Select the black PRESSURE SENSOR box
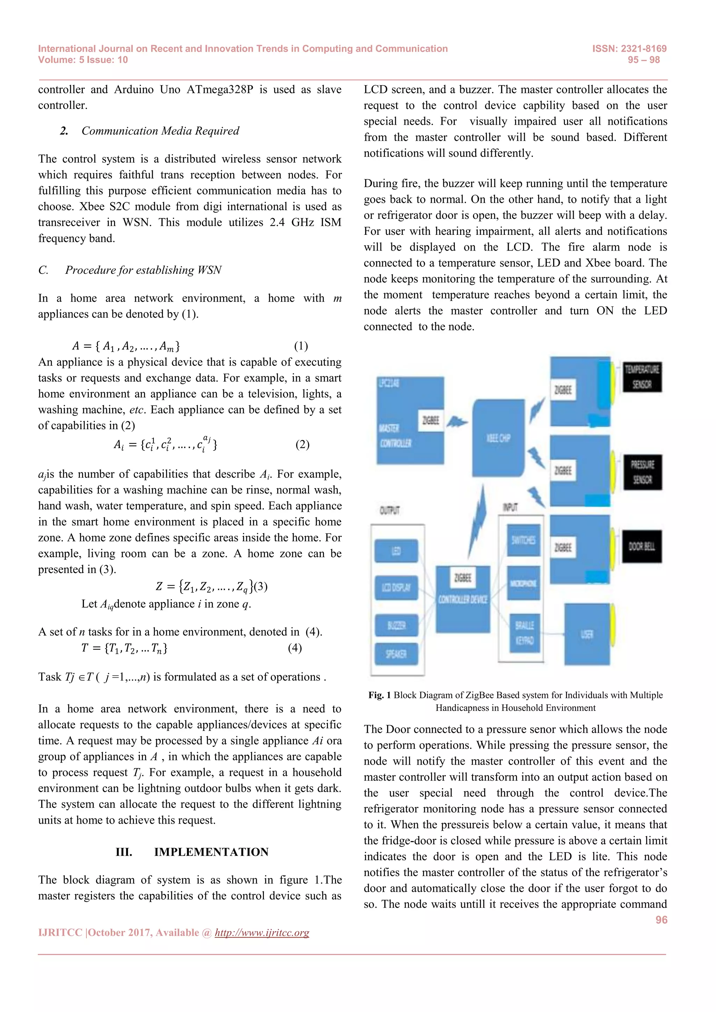click(x=642, y=472)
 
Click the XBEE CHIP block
click(x=499, y=438)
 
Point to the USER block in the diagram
click(x=587, y=634)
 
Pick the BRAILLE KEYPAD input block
click(x=524, y=632)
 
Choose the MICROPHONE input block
click(x=523, y=584)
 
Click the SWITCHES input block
click(x=523, y=540)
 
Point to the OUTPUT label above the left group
click(x=389, y=511)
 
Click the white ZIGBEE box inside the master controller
click(x=431, y=420)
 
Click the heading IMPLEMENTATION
click(x=211, y=852)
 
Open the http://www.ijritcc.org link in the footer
click(x=262, y=932)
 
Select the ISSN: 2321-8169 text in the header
click(x=629, y=49)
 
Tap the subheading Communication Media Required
click(x=160, y=131)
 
